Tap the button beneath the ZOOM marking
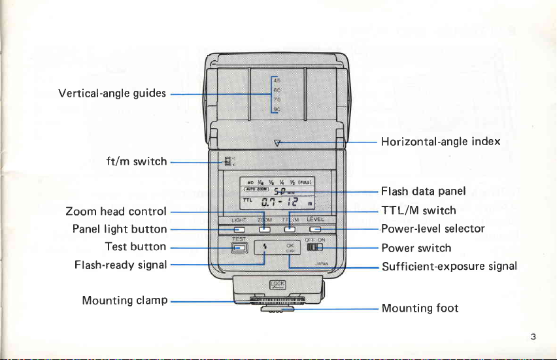(264, 229)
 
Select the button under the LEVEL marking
(316, 229)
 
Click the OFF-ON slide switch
(316, 247)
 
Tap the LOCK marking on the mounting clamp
(277, 284)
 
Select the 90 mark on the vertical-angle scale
(277, 109)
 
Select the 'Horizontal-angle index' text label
(441, 141)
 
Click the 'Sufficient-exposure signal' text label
(449, 266)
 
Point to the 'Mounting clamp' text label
(124, 301)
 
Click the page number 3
(533, 336)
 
